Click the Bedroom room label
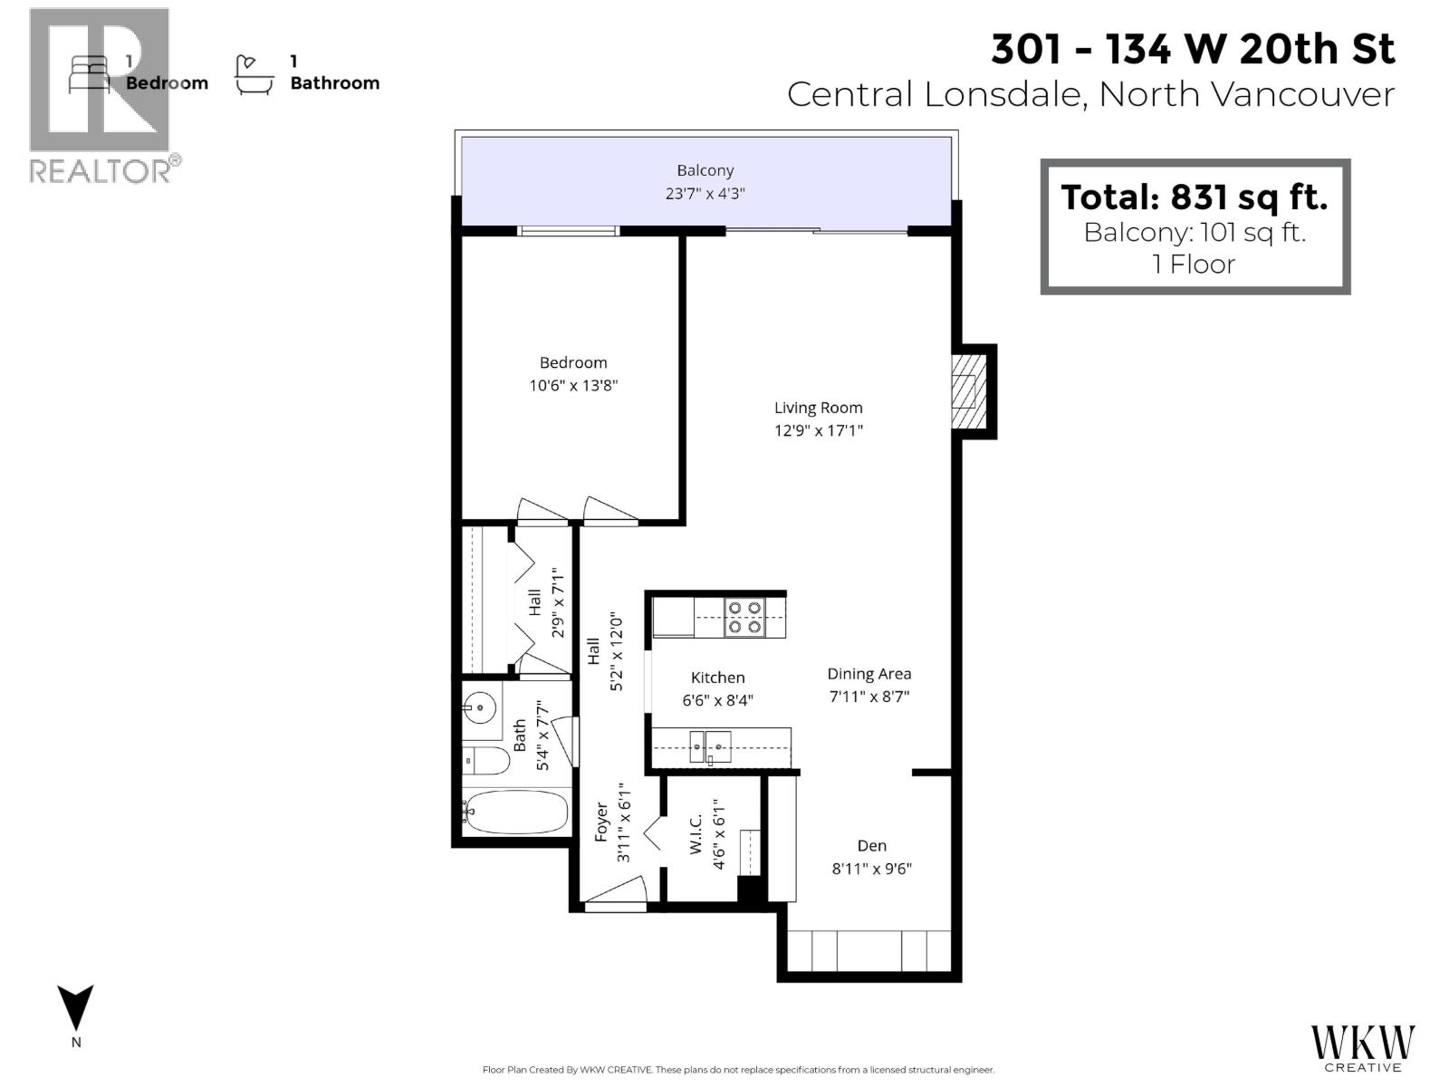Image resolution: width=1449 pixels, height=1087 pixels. tap(573, 362)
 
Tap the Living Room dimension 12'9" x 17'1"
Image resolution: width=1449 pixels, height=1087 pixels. tap(818, 430)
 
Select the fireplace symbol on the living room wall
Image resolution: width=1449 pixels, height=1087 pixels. tap(970, 391)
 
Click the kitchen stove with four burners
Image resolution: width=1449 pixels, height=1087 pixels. tap(744, 617)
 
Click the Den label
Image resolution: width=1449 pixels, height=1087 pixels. tap(871, 845)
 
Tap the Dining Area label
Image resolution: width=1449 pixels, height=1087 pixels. tap(868, 674)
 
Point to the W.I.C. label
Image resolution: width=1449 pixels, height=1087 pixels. tap(696, 834)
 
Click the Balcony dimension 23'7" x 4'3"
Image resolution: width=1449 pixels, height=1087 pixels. tap(705, 193)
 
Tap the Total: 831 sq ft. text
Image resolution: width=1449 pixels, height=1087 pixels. tap(1194, 197)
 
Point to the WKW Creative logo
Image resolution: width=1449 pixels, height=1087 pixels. tap(1362, 1047)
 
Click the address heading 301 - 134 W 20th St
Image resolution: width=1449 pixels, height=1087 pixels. tap(1193, 49)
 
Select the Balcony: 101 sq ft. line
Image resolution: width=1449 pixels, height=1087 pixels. tap(1194, 232)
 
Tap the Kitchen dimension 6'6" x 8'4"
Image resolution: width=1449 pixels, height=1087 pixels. tap(717, 700)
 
